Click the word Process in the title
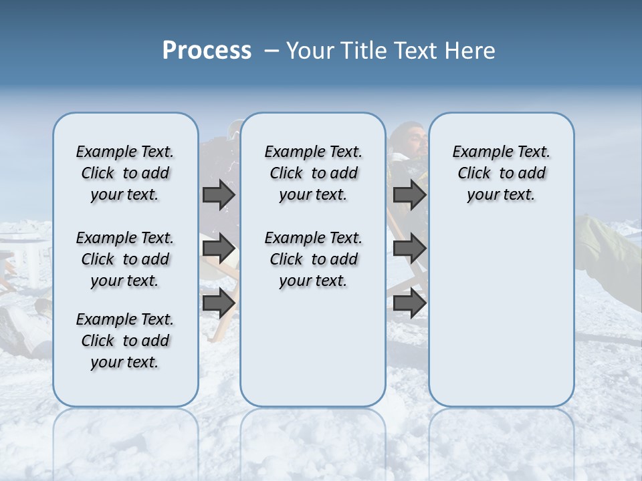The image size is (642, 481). click(x=207, y=51)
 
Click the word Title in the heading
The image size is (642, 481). click(x=362, y=51)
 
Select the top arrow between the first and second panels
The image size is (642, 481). click(x=219, y=194)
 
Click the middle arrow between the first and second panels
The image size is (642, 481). click(x=219, y=249)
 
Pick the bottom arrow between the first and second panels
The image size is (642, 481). click(x=219, y=303)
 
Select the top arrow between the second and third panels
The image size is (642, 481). click(x=409, y=194)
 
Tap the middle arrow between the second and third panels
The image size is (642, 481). click(x=409, y=249)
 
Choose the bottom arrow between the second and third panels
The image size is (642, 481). click(x=409, y=303)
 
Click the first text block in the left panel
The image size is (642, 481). click(x=125, y=173)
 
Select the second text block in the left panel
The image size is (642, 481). click(x=125, y=259)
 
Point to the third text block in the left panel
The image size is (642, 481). click(x=125, y=341)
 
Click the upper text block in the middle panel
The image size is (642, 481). click(x=313, y=173)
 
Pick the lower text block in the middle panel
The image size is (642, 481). click(x=313, y=259)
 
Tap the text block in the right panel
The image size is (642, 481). click(x=501, y=173)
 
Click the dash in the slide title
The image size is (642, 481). click(x=272, y=51)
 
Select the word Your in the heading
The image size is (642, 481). click(x=310, y=51)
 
